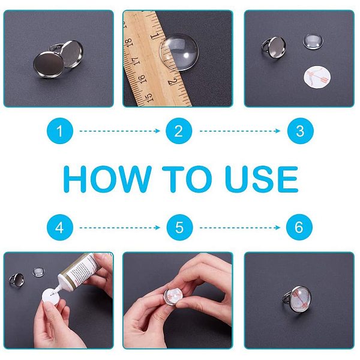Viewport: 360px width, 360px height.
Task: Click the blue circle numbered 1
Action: [x=60, y=131]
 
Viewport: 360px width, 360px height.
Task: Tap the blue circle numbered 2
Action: [x=179, y=131]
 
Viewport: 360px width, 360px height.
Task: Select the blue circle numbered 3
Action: [x=301, y=131]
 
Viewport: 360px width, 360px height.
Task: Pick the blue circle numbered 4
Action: [x=60, y=227]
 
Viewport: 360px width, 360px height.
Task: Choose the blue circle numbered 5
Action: [x=179, y=227]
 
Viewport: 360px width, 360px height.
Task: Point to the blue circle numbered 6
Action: [x=299, y=227]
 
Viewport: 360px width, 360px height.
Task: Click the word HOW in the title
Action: [x=107, y=179]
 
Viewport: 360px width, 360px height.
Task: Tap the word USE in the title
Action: [x=262, y=179]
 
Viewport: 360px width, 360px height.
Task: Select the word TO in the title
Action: [x=187, y=179]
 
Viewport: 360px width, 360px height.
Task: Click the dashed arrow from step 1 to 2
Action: [x=120, y=131]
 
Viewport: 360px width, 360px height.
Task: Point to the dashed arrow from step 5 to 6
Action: [x=240, y=227]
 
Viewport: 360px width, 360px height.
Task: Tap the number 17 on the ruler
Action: [x=136, y=61]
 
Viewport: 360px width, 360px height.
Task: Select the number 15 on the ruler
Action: [x=149, y=97]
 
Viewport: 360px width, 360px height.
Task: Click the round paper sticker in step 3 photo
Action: [x=317, y=77]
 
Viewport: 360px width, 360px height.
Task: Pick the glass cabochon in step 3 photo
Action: [x=313, y=41]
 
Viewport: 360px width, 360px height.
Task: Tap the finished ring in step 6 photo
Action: [x=297, y=299]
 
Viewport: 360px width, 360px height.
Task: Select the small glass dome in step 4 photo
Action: [x=38, y=272]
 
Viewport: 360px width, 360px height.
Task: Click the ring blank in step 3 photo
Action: [x=274, y=47]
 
